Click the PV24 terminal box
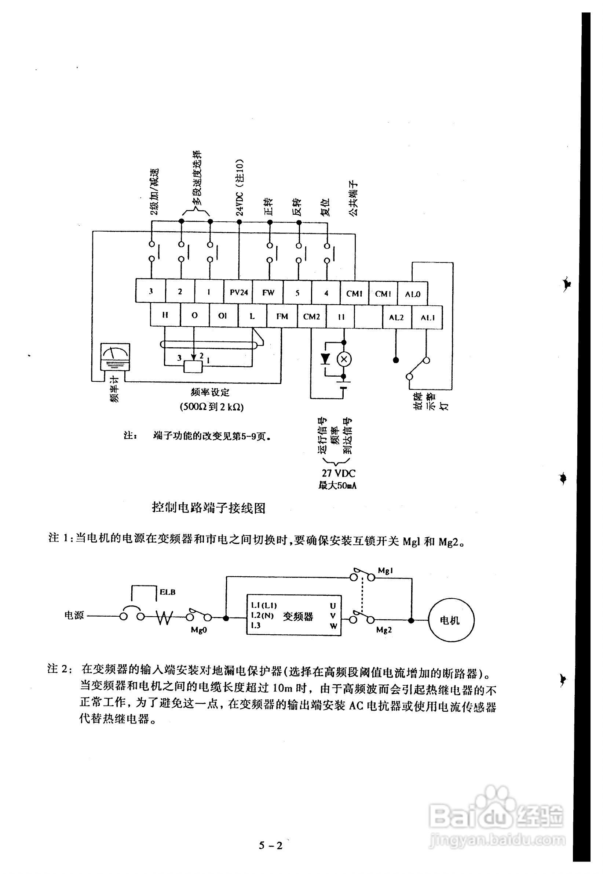click(239, 292)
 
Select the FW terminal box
click(268, 292)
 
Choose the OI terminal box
click(223, 316)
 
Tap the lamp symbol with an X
click(344, 359)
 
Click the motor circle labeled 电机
click(451, 620)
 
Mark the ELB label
click(167, 592)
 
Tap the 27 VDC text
click(339, 473)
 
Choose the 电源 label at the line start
click(74, 616)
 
